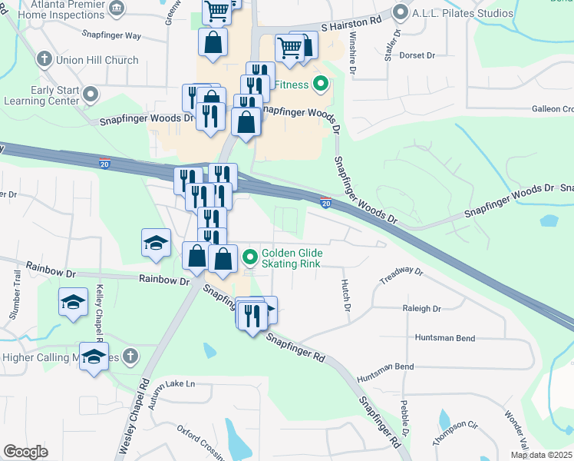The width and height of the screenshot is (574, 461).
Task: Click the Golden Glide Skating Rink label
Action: pyautogui.click(x=292, y=258)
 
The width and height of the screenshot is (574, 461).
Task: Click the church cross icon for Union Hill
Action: pyautogui.click(x=45, y=59)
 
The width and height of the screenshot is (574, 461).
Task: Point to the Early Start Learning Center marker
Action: pyautogui.click(x=91, y=95)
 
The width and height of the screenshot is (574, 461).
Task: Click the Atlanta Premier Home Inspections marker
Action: pyautogui.click(x=116, y=8)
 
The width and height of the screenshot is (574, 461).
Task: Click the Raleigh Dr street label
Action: pyautogui.click(x=422, y=309)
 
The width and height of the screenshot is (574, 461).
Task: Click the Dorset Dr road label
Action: pyautogui.click(x=417, y=55)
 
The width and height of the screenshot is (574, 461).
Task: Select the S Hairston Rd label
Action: pyautogui.click(x=351, y=27)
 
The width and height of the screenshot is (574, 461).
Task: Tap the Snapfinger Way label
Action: pyautogui.click(x=112, y=35)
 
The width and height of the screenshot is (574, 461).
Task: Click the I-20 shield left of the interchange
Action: pyautogui.click(x=104, y=163)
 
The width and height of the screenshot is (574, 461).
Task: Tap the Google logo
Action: pyautogui.click(x=25, y=452)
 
